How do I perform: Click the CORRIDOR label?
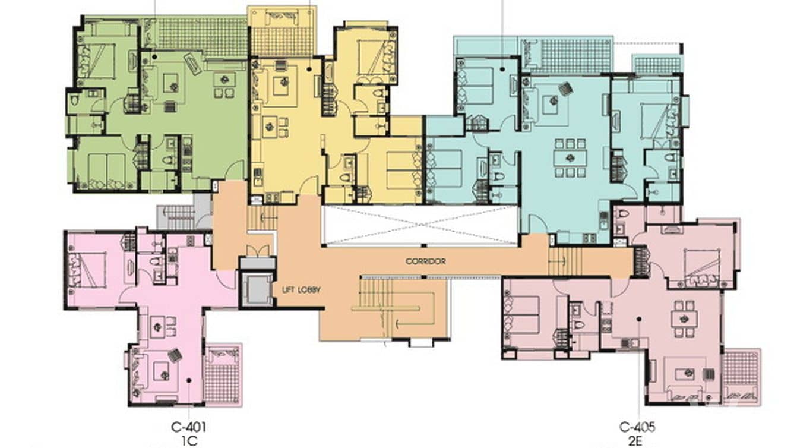point(425,261)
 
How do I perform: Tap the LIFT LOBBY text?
point(302,289)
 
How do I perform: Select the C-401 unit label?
point(189,426)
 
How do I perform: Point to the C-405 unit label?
point(637,426)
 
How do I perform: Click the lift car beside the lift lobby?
point(257,289)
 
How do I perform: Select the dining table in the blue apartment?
point(570,158)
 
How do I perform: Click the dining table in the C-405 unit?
point(684,316)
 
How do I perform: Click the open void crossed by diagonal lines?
point(420,225)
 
